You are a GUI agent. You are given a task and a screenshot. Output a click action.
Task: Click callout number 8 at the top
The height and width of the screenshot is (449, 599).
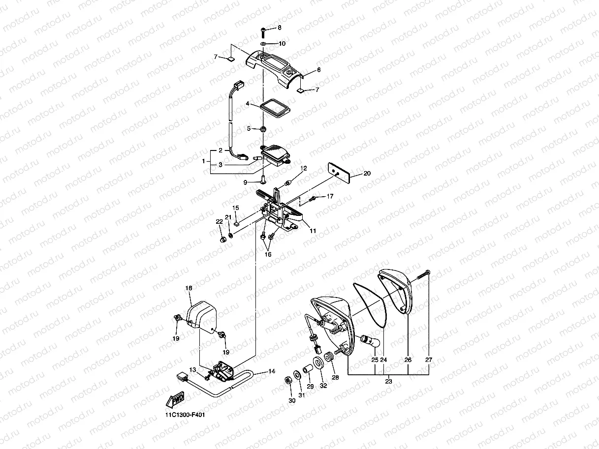point(280,28)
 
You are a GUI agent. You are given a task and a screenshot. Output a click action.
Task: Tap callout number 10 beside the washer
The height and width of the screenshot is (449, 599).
point(282,43)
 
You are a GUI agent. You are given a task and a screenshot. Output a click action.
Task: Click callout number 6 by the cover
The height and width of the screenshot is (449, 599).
point(318,70)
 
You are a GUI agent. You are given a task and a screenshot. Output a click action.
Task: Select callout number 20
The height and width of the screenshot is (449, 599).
point(367,173)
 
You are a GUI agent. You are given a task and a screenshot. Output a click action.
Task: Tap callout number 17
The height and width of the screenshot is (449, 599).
point(330,196)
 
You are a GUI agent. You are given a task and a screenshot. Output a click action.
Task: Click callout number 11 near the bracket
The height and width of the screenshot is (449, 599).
point(313,230)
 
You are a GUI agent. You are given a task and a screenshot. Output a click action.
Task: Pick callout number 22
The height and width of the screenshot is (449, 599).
point(220,222)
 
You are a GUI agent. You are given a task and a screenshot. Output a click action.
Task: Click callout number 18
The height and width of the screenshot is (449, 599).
point(188,288)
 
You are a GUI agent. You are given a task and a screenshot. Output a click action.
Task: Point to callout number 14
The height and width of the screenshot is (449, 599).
point(271,372)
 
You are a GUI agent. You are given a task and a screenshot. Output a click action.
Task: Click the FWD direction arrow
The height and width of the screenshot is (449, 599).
point(175,399)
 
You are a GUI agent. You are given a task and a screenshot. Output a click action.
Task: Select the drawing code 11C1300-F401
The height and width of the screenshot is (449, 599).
point(185,415)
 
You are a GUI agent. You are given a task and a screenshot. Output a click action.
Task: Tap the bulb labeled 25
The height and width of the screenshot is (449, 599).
point(367,339)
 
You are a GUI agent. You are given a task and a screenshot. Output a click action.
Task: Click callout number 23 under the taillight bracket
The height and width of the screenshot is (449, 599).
point(388,381)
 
